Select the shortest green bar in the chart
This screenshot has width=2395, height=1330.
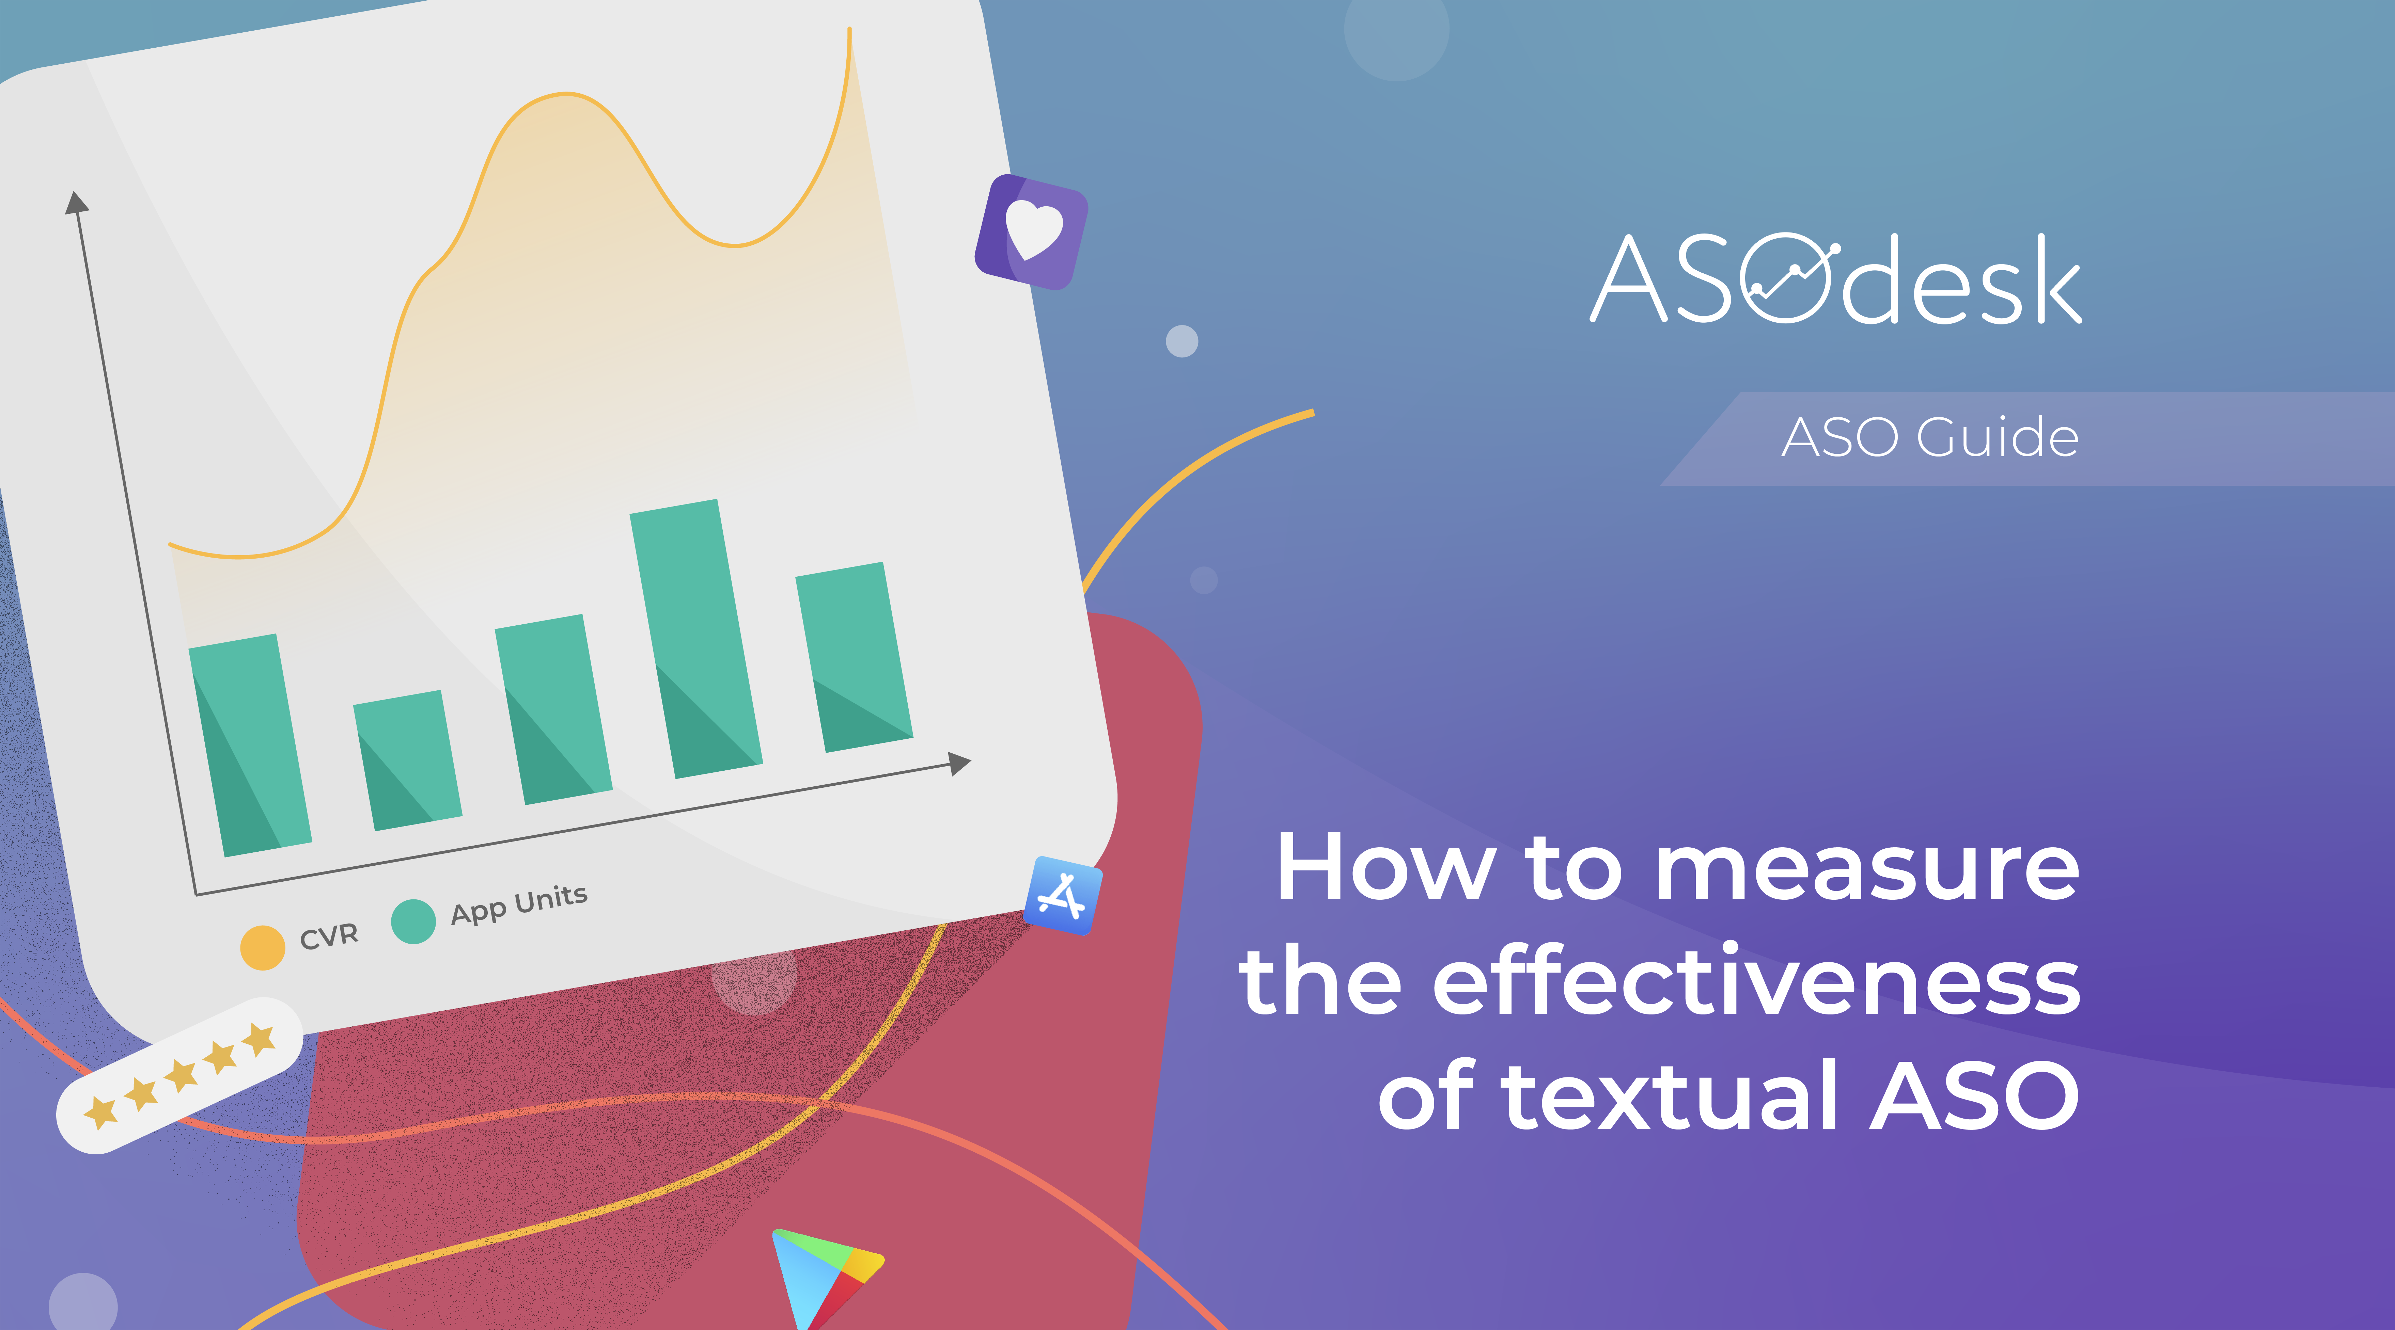pyautogui.click(x=407, y=760)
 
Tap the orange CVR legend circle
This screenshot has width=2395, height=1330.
pyautogui.click(x=262, y=948)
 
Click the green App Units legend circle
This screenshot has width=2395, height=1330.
pyautogui.click(x=414, y=922)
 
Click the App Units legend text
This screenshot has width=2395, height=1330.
pyautogui.click(x=519, y=904)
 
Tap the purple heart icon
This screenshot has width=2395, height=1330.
pyautogui.click(x=1031, y=231)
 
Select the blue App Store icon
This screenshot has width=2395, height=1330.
pyautogui.click(x=1063, y=895)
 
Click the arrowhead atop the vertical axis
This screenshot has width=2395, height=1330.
pyautogui.click(x=76, y=202)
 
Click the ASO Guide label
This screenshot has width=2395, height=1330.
pyautogui.click(x=1929, y=438)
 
